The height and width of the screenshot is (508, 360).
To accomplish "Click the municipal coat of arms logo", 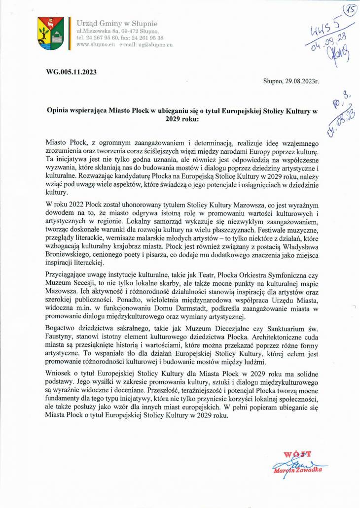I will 50,33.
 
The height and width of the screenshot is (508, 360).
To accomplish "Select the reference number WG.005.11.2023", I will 71,71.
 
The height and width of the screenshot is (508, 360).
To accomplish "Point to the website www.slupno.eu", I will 96,44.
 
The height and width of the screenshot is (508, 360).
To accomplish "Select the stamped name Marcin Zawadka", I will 298,471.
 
